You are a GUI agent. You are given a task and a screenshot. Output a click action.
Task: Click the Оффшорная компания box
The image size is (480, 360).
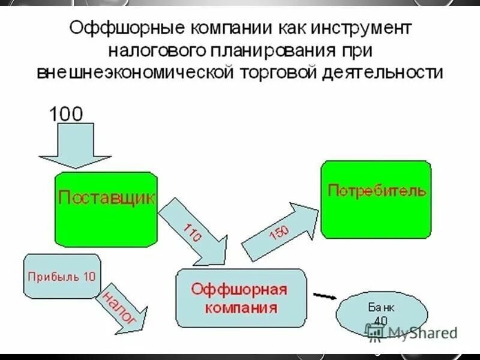click(240, 298)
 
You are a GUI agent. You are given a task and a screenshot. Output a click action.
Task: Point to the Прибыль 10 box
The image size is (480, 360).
click(62, 275)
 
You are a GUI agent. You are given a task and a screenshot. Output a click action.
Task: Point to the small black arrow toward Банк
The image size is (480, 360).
click(325, 296)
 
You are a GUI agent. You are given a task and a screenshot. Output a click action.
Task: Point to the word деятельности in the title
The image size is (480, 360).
click(384, 72)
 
